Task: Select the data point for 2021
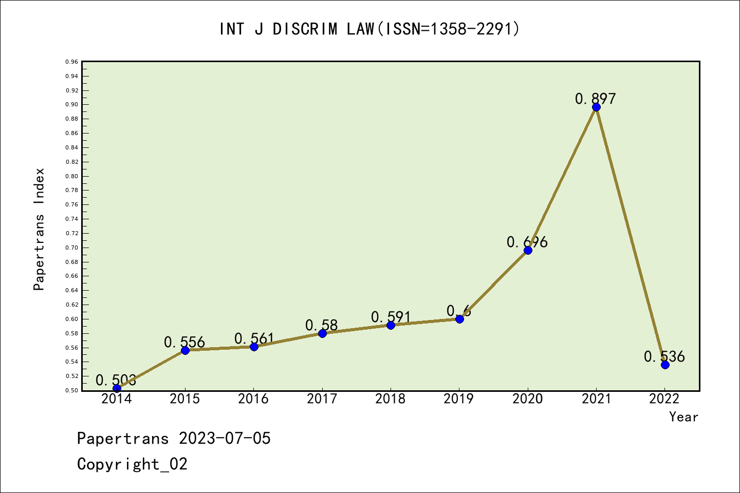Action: click(x=596, y=107)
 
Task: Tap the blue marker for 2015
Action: click(x=185, y=350)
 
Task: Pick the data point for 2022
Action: click(x=665, y=365)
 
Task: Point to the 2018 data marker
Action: click(x=391, y=325)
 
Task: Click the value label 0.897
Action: click(x=595, y=99)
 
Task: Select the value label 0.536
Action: click(x=664, y=356)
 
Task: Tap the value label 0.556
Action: click(x=184, y=342)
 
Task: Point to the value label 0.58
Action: click(x=321, y=325)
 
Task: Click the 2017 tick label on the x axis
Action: click(x=322, y=399)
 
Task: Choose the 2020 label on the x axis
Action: click(x=527, y=399)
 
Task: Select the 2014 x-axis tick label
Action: click(x=117, y=399)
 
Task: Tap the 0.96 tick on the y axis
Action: click(x=72, y=62)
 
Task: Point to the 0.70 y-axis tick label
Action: click(x=72, y=248)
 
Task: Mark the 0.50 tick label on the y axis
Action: click(x=72, y=390)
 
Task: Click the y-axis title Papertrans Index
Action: click(x=39, y=229)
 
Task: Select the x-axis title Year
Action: click(x=683, y=416)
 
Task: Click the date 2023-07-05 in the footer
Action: click(x=225, y=439)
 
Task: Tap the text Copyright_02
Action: click(x=132, y=464)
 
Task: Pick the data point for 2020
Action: click(x=528, y=250)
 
